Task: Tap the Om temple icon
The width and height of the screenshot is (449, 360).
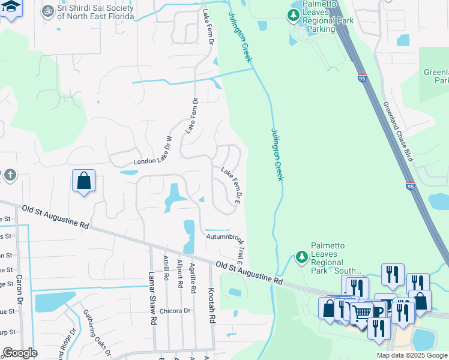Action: tap(47, 11)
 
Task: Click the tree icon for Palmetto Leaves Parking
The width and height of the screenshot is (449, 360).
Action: tap(293, 15)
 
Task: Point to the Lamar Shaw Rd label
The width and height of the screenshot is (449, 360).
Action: tap(152, 298)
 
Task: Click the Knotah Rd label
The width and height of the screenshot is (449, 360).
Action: tap(211, 306)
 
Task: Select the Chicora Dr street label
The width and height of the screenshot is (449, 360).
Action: tap(175, 311)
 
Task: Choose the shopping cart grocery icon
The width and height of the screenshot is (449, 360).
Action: tap(361, 312)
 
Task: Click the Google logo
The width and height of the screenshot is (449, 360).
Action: tap(20, 353)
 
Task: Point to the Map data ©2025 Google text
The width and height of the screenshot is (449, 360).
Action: tap(411, 355)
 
